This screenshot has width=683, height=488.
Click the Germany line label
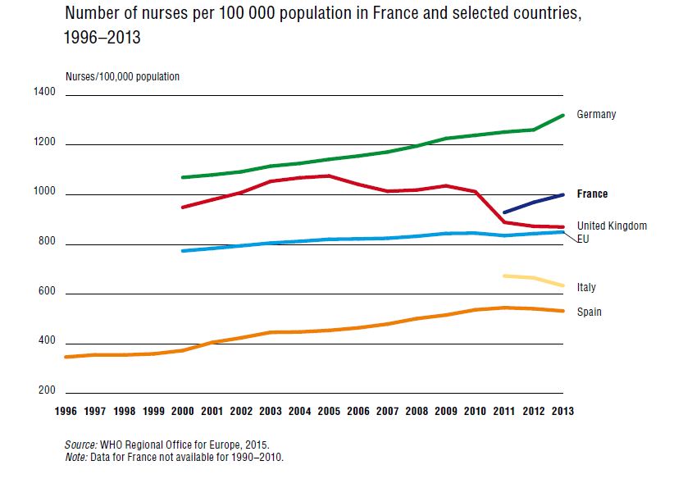(596, 115)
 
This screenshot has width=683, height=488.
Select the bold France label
(592, 194)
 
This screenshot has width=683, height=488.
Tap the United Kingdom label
(612, 226)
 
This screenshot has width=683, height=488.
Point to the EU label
(584, 239)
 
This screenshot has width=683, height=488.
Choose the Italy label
(586, 288)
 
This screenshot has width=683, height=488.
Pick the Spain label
(589, 312)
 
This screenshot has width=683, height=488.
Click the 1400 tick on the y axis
(45, 93)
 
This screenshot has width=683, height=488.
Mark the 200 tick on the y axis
(48, 390)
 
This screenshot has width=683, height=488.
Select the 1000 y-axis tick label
(45, 192)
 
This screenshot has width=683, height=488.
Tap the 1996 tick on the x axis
(65, 412)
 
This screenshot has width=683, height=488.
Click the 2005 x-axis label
(329, 412)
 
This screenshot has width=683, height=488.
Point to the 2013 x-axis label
(562, 412)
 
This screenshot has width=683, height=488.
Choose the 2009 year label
(445, 412)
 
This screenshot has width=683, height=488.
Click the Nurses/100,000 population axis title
(122, 77)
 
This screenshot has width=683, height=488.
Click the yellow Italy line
(533, 279)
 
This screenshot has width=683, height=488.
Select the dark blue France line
(533, 203)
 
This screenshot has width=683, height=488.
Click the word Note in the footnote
(75, 457)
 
